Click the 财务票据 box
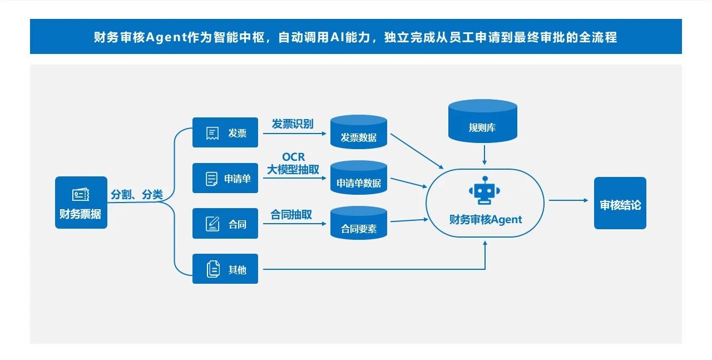81,203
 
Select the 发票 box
225,132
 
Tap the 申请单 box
225,178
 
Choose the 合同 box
225,224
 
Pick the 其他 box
225,269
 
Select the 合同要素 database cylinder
358,224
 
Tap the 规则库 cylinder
482,121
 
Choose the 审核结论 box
620,203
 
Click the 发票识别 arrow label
293,124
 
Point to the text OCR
293,157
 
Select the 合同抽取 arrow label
291,215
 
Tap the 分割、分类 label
137,195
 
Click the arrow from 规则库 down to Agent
484,154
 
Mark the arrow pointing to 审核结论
568,200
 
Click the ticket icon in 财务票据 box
81,195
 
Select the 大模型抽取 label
293,170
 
